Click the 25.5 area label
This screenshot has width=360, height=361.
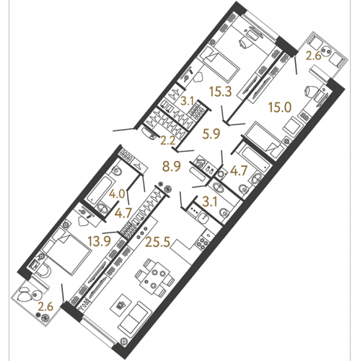[x=158, y=242]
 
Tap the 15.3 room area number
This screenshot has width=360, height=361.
[x=220, y=92]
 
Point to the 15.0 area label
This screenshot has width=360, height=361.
[x=280, y=107]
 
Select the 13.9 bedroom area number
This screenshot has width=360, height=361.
[x=100, y=241]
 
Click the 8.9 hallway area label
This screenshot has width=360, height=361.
[x=172, y=166]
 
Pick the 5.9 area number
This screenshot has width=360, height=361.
[x=211, y=134]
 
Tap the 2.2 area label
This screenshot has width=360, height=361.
[x=168, y=140]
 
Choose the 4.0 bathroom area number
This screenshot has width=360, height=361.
[x=117, y=193]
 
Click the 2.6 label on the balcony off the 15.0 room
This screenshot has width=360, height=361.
[x=314, y=56]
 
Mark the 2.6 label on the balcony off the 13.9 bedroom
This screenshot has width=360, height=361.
[x=45, y=307]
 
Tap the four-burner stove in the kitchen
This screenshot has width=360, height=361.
[x=202, y=244]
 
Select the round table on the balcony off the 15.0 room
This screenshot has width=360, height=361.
[x=327, y=51]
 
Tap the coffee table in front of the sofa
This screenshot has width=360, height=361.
[x=121, y=305]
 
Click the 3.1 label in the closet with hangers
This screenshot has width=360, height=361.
[x=188, y=101]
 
